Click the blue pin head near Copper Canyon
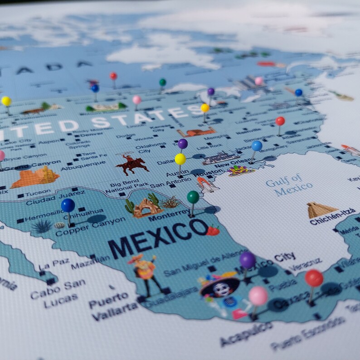pyautogui.click(x=68, y=205)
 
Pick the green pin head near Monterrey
pyautogui.click(x=193, y=197)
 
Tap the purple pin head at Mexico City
pyautogui.click(x=248, y=260)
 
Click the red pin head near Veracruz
pyautogui.click(x=314, y=278)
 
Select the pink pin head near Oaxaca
pyautogui.click(x=258, y=296)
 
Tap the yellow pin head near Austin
pyautogui.click(x=180, y=159)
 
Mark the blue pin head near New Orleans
pyautogui.click(x=257, y=146)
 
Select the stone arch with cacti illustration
pyautogui.click(x=146, y=206)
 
